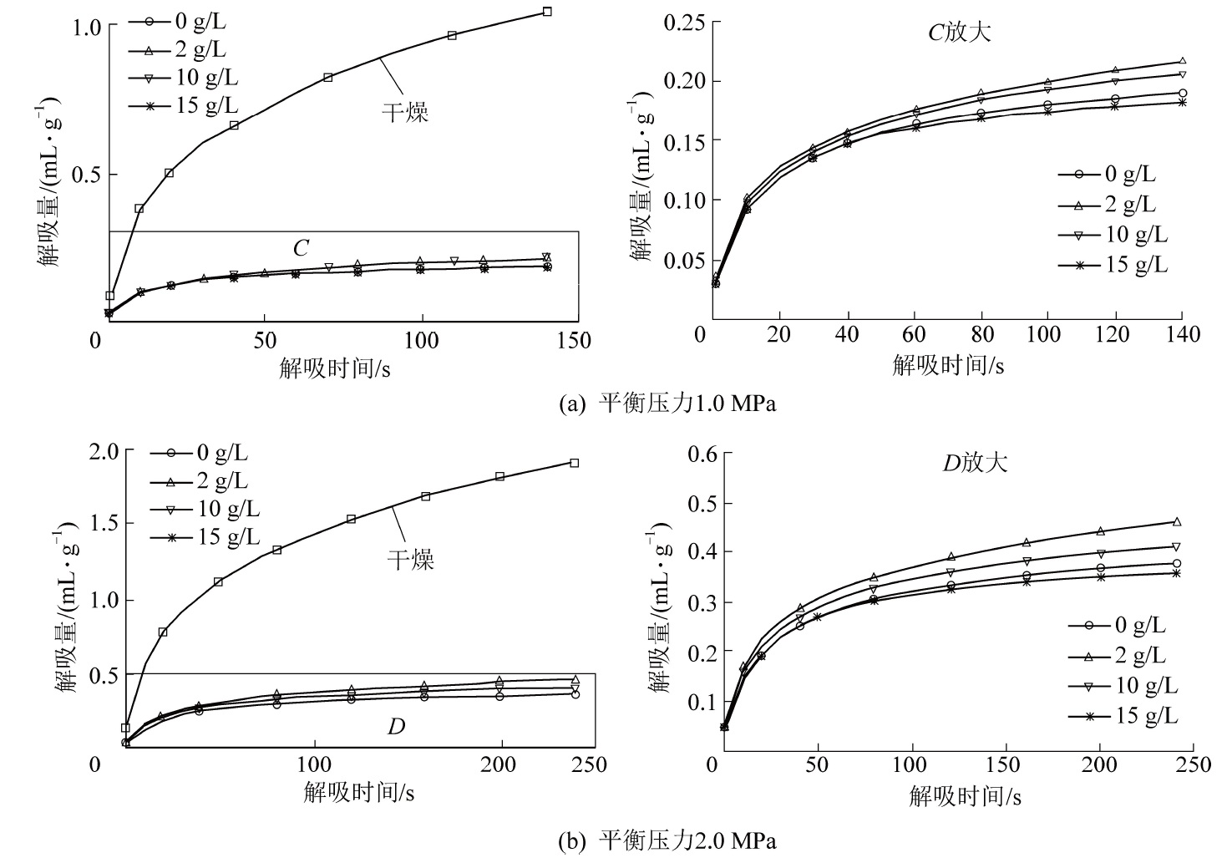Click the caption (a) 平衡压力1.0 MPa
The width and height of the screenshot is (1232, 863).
click(x=667, y=404)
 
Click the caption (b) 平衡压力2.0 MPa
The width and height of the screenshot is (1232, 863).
click(x=667, y=840)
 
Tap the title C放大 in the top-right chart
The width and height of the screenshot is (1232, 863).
click(x=960, y=33)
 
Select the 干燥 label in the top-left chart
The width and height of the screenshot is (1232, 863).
click(x=405, y=114)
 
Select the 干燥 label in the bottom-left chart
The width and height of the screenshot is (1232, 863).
click(x=411, y=559)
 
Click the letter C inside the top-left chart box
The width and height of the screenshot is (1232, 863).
click(x=301, y=248)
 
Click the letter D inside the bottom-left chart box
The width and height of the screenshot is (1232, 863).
click(x=396, y=726)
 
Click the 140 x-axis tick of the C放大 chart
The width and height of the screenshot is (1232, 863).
click(x=1182, y=334)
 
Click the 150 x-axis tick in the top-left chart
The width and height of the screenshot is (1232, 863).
click(x=574, y=341)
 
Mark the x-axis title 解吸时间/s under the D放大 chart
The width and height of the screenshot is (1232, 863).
click(x=965, y=796)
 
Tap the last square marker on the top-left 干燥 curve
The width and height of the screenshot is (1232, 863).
click(x=547, y=12)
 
